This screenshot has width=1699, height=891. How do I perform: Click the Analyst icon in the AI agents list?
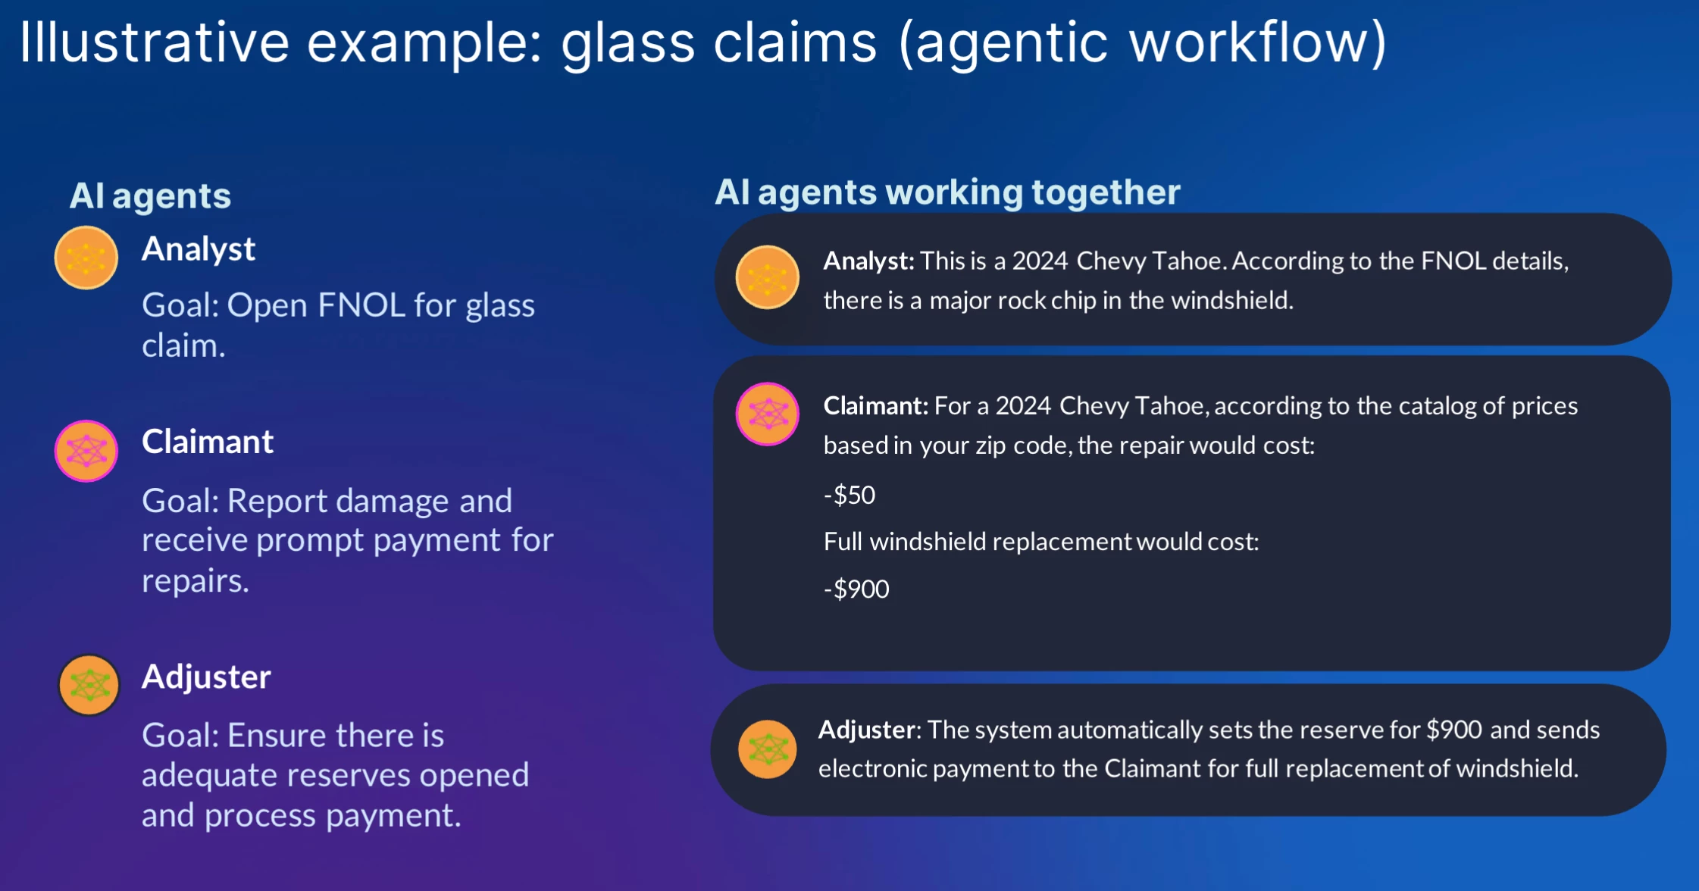click(x=86, y=258)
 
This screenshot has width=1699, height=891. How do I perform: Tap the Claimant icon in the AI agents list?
click(x=86, y=451)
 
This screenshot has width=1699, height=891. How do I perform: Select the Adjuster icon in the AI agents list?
click(x=89, y=686)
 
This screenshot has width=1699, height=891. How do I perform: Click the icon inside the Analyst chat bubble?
click(x=768, y=277)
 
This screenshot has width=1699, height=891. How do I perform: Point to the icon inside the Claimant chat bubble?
click(x=768, y=414)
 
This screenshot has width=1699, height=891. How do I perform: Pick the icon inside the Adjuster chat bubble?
click(x=768, y=749)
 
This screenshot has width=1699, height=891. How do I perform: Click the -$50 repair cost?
click(x=849, y=495)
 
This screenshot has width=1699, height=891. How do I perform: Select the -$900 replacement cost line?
click(x=856, y=589)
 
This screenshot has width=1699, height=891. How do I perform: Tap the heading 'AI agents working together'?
click(x=947, y=192)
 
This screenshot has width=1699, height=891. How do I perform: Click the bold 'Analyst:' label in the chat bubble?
click(x=869, y=261)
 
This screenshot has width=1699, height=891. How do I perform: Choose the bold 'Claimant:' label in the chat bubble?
click(x=876, y=406)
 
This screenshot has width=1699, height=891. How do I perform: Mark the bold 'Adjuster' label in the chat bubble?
click(x=867, y=730)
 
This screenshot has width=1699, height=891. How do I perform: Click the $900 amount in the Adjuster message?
click(x=1454, y=730)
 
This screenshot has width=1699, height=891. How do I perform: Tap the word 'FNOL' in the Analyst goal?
click(x=362, y=305)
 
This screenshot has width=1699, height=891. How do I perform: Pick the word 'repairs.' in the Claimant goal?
click(x=196, y=581)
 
